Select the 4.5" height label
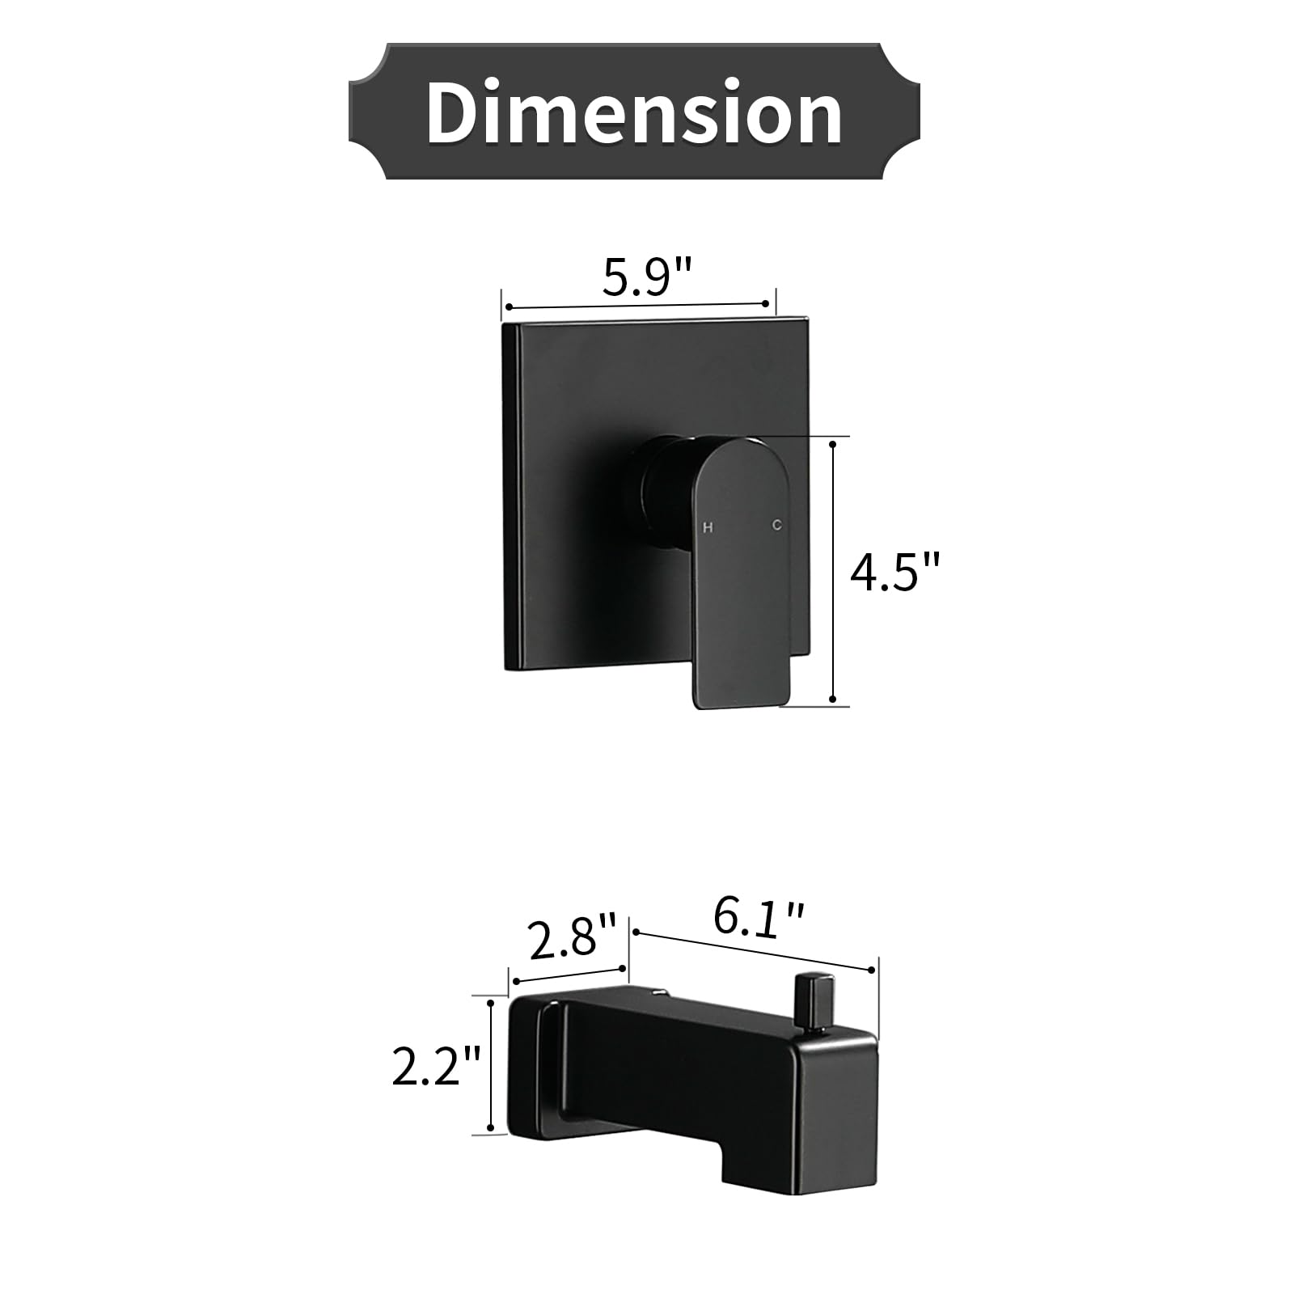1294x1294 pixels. click(896, 573)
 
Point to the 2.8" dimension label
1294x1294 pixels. click(573, 937)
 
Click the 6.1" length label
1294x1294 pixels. click(759, 920)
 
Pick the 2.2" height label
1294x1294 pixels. click(437, 1065)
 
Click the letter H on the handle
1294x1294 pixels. click(708, 527)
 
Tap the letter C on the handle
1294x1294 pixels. click(776, 525)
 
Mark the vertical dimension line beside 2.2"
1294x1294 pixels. click(490, 1065)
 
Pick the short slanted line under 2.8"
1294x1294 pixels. click(569, 975)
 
